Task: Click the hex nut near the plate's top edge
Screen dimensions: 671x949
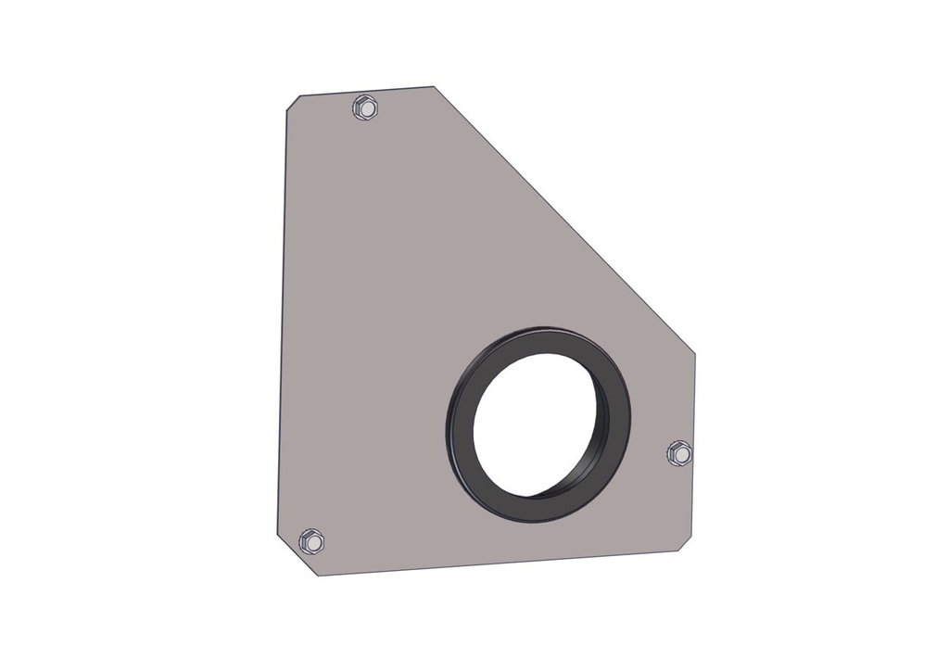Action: click(365, 108)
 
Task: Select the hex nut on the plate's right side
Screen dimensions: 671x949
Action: click(679, 453)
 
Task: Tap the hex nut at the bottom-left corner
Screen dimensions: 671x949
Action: click(312, 540)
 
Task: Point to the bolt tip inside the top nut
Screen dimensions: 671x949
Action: click(367, 108)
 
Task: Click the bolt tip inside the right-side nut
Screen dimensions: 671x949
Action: click(681, 454)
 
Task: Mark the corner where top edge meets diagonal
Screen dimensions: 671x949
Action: click(434, 87)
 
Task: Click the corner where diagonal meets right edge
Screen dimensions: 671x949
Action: click(695, 354)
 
